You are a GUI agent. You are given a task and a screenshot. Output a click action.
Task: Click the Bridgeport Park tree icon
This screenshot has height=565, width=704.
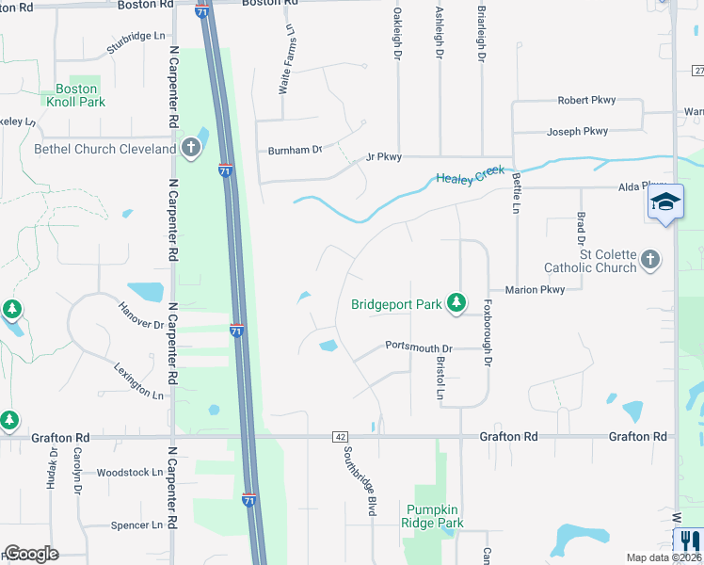(456, 302)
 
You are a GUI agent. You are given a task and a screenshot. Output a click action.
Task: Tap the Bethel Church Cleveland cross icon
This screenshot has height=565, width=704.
(191, 148)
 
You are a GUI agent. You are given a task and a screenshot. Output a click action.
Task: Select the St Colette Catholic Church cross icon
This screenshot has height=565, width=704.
(649, 260)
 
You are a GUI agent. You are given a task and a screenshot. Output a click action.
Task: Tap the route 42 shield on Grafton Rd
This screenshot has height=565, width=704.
(340, 437)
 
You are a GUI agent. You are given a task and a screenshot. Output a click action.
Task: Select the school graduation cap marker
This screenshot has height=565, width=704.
(664, 202)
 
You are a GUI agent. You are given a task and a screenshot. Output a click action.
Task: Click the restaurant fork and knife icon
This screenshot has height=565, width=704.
(690, 541)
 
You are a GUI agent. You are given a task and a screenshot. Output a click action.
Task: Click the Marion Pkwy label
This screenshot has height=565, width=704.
(535, 290)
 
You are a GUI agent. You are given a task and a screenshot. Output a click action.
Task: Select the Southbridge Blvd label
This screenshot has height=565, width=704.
(359, 479)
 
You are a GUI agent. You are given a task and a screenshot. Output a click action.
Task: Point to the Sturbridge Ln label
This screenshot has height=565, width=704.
(136, 42)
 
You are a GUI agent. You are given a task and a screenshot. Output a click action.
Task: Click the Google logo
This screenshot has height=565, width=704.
(31, 554)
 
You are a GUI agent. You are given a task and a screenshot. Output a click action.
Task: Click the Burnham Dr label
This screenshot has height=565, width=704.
(295, 150)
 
